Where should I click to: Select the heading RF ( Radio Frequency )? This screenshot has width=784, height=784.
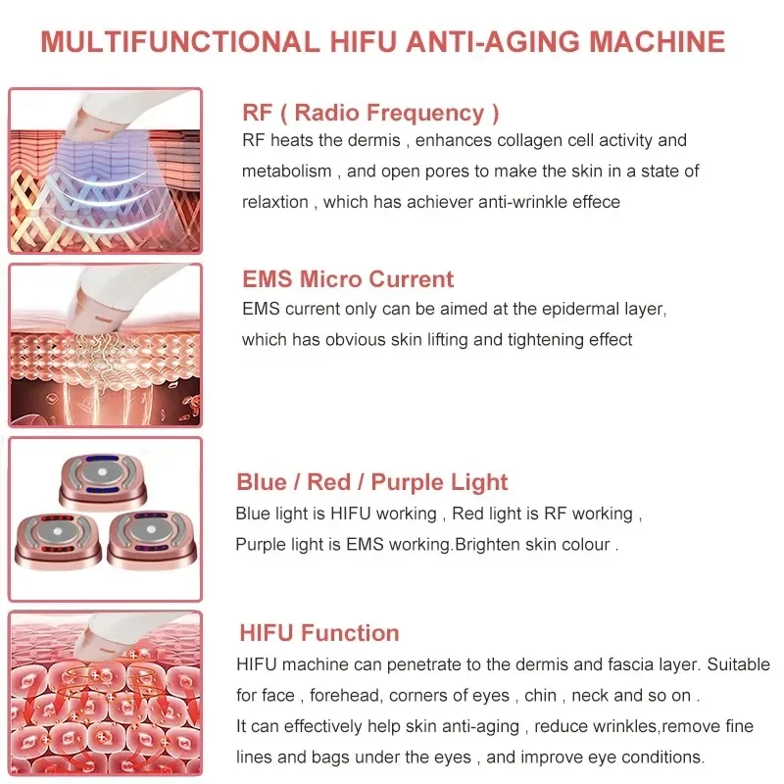pyautogui.click(x=370, y=113)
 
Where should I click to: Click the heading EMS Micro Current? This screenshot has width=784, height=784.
pyautogui.click(x=348, y=279)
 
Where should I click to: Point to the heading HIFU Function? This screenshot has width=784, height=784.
pyautogui.click(x=319, y=633)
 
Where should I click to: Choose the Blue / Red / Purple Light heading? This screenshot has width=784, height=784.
pyautogui.click(x=372, y=482)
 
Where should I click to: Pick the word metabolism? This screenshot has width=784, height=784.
pyautogui.click(x=287, y=171)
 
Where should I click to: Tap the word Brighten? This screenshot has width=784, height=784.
pyautogui.click(x=497, y=545)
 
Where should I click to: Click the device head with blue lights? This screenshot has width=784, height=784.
pyautogui.click(x=103, y=480)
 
